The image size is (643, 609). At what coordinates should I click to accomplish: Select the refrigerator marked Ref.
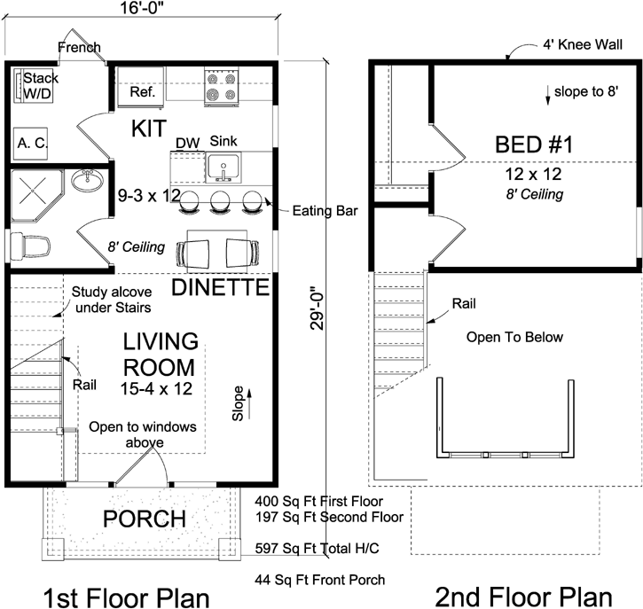pyautogui.click(x=143, y=91)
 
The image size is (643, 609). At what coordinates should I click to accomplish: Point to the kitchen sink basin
pyautogui.click(x=223, y=167)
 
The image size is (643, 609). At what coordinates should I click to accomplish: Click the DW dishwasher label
pyautogui.click(x=186, y=142)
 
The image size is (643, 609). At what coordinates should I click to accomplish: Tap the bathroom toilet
pyautogui.click(x=29, y=244)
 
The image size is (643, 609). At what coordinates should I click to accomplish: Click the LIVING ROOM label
pyautogui.click(x=160, y=354)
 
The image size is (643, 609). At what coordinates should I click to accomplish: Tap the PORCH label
pyautogui.click(x=144, y=519)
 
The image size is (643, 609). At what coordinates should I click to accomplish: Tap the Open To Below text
pyautogui.click(x=515, y=337)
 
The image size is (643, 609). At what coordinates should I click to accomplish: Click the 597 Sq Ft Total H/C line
pyautogui.click(x=317, y=549)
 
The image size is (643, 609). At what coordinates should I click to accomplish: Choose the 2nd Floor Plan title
pyautogui.click(x=523, y=595)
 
